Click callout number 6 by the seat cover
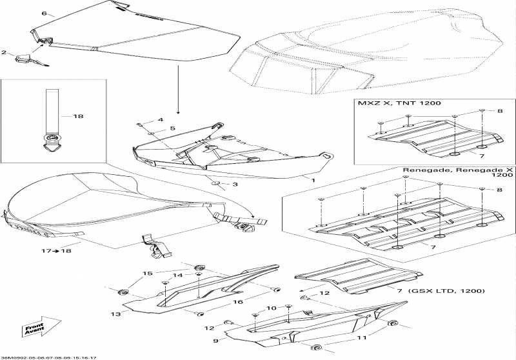(44, 13)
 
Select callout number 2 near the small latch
(4, 52)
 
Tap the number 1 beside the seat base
(313, 181)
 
